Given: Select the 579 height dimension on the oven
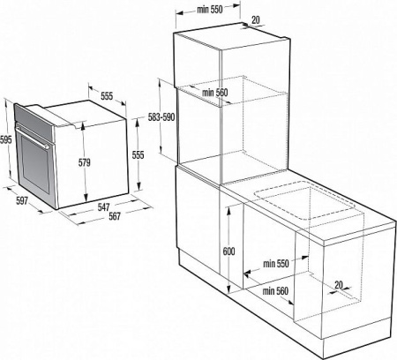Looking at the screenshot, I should tap(85, 162).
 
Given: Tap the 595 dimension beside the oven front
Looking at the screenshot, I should tap(5, 140).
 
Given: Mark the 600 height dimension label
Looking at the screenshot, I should tap(228, 251).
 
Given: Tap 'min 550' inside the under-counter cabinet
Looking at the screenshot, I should tap(277, 263).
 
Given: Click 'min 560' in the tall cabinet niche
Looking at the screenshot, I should tap(215, 93).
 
